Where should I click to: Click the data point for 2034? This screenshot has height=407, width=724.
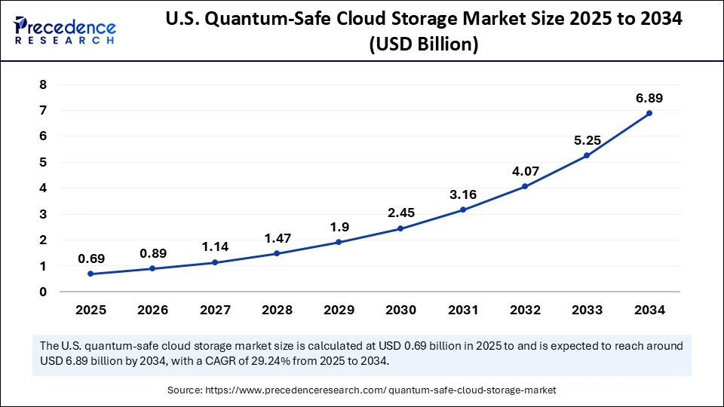click(x=649, y=113)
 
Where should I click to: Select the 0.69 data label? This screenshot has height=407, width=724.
click(x=90, y=259)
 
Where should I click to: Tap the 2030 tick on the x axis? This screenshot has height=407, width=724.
click(x=400, y=309)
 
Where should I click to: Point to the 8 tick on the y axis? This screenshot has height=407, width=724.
click(x=42, y=85)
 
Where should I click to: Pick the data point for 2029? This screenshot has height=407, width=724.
click(x=338, y=242)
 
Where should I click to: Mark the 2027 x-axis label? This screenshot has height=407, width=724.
click(x=214, y=309)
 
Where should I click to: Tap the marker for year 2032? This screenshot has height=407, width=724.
click(x=525, y=186)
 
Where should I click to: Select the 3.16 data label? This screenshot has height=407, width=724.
click(x=462, y=194)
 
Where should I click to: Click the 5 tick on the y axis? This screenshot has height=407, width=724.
click(x=42, y=163)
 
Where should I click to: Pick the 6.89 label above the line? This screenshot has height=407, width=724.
click(x=649, y=98)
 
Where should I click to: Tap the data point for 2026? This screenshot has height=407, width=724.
click(x=152, y=268)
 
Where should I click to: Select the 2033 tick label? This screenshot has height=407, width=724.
click(x=586, y=309)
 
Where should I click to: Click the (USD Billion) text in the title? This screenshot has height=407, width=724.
click(x=423, y=46)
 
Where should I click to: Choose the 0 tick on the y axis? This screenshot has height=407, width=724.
click(x=42, y=292)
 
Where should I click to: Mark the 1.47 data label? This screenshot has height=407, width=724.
click(x=276, y=238)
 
